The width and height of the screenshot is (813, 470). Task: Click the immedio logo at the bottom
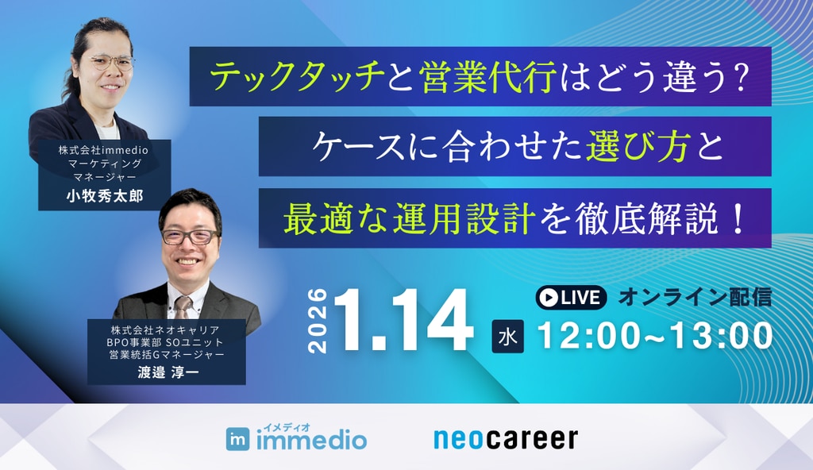click(x=296, y=437)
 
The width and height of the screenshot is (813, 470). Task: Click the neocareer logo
click(x=506, y=438)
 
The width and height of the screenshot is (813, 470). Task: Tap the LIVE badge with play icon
click(x=571, y=298)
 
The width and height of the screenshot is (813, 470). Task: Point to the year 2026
click(x=315, y=322)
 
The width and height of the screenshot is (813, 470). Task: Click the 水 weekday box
click(x=509, y=337)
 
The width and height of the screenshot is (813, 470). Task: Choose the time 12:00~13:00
click(x=656, y=337)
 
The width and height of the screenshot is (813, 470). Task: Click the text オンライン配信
click(x=695, y=298)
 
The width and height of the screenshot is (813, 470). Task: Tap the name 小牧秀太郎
click(x=104, y=196)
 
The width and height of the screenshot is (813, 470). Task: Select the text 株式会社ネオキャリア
click(x=165, y=329)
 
